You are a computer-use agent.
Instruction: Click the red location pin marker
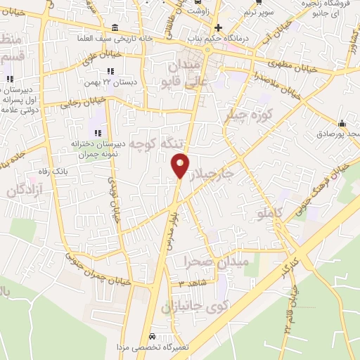[180, 165]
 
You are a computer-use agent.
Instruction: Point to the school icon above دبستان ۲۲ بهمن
[110, 72]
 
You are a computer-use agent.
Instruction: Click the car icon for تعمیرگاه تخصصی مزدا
[153, 335]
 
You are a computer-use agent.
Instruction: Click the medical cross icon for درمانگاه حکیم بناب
[219, 27]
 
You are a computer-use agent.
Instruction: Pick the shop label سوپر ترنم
[259, 13]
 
